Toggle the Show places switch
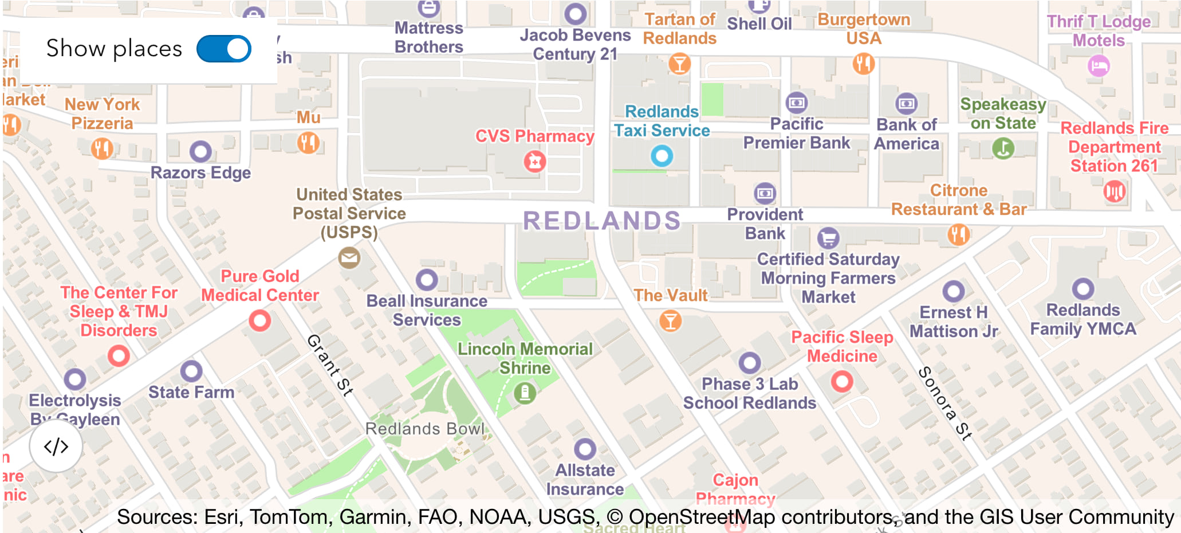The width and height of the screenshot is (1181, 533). (224, 49)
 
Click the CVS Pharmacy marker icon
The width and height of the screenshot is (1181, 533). (535, 162)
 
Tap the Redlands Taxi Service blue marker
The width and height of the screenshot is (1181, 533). (662, 155)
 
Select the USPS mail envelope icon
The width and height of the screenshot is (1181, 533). (349, 258)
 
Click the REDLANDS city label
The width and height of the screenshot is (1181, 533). (601, 221)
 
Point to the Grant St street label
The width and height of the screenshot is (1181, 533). (330, 365)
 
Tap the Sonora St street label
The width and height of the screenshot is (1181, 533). (945, 403)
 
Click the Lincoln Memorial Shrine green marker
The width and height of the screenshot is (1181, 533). (525, 393)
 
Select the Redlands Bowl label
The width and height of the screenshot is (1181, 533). (424, 429)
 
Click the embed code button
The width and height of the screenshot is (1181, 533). (56, 446)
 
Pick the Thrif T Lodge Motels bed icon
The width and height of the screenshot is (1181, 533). (1098, 66)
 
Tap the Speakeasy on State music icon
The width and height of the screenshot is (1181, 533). (1003, 148)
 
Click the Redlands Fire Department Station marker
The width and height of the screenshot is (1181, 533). (1114, 191)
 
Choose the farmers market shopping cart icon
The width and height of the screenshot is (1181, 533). (828, 237)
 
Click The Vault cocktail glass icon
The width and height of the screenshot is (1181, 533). (670, 321)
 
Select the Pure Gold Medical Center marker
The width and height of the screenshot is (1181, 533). (259, 320)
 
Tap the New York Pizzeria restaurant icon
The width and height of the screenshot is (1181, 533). (102, 148)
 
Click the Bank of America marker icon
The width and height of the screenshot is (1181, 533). (906, 104)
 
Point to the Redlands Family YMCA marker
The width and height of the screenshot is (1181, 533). (1082, 289)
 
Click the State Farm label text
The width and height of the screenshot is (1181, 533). (191, 393)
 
